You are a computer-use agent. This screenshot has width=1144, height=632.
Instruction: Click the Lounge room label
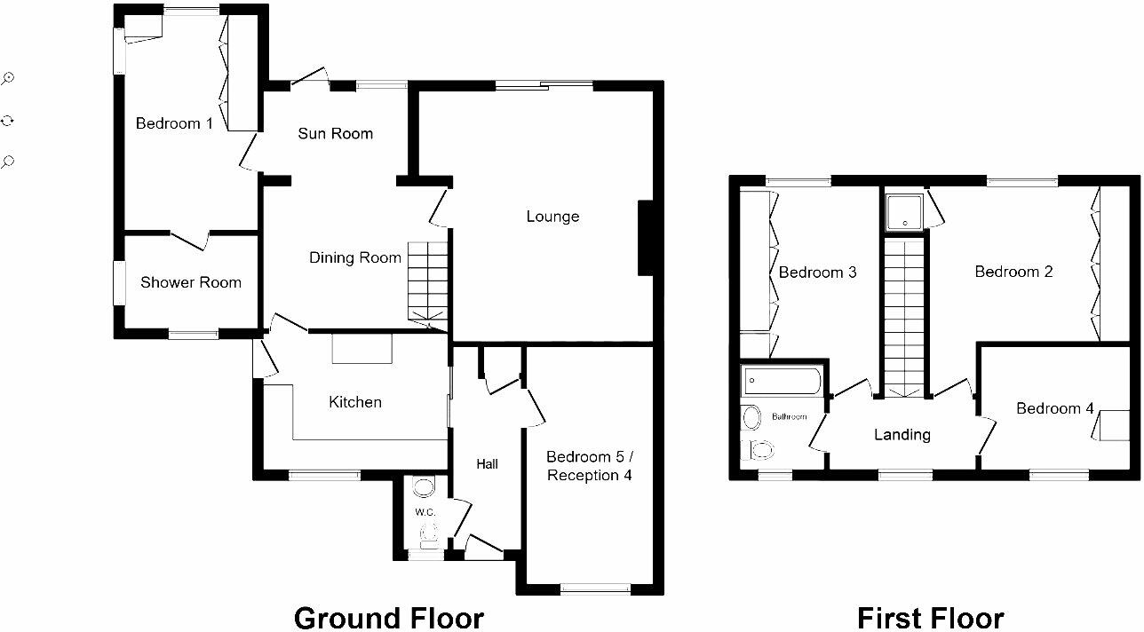tap(552, 217)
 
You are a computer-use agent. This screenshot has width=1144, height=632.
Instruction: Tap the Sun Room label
tap(335, 134)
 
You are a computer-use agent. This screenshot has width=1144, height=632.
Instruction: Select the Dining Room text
tap(354, 258)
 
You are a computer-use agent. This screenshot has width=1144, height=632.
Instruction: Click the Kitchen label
tap(355, 402)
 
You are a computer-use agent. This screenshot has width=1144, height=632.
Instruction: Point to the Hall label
tap(487, 463)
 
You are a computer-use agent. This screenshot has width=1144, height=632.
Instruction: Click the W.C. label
tap(425, 512)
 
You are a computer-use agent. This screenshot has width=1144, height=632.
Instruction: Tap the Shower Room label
tap(191, 283)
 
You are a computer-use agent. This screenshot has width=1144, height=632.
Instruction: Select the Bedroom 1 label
tap(174, 123)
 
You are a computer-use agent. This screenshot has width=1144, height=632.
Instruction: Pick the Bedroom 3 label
tap(817, 273)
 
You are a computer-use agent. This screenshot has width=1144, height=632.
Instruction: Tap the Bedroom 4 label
tap(1054, 409)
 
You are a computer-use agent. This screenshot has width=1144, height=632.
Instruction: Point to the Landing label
tap(902, 435)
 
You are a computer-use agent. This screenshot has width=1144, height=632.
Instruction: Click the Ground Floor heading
tap(388, 617)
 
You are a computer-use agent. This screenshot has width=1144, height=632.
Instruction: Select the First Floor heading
tap(930, 617)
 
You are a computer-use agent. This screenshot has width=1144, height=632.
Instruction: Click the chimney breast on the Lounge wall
tap(647, 238)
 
